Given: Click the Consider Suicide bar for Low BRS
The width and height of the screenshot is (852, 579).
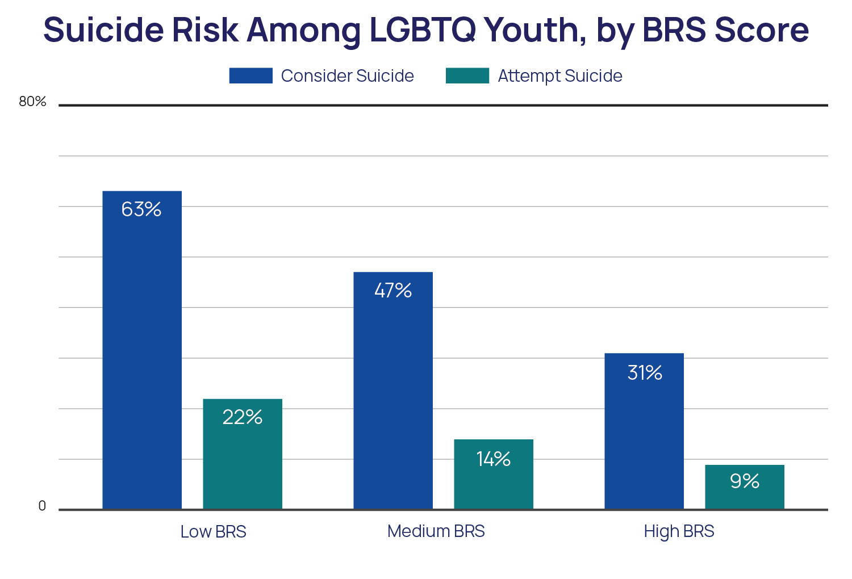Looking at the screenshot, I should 142,352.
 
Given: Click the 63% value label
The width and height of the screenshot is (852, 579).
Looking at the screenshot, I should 141,209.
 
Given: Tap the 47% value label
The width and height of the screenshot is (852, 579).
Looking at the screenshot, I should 393,291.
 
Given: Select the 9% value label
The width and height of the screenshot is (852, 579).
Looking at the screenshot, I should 745,481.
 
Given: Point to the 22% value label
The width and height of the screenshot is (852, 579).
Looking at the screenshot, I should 243,417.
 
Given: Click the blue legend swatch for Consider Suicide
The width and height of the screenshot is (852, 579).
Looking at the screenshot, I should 250,75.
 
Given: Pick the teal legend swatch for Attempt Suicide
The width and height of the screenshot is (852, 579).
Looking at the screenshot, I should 467,75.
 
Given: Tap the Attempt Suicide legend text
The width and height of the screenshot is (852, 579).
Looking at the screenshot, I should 560,76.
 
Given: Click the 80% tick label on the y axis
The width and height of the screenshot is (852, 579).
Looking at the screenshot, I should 32,102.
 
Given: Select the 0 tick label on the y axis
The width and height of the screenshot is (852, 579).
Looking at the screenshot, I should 42,506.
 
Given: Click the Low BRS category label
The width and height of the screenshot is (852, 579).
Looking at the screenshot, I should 213,532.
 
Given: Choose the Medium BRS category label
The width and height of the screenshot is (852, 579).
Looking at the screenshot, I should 436,531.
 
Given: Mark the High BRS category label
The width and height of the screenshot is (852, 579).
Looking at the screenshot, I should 679,531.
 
